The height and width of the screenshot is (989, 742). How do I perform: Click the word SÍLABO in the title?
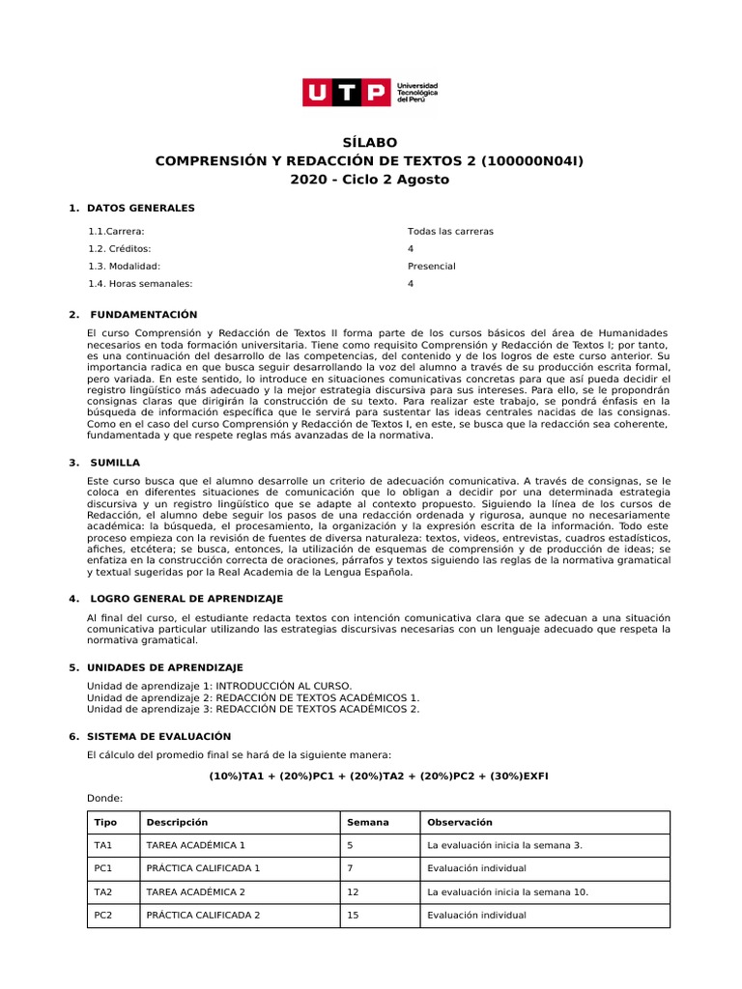coord(370,142)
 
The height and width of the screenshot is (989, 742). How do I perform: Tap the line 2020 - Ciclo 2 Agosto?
coord(370,180)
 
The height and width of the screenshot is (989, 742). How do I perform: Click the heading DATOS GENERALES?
coord(140,208)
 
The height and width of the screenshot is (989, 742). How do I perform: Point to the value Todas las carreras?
coord(450,232)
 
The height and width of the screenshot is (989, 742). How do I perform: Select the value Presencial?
coord(431,267)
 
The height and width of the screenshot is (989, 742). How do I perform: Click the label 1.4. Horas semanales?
coord(140,284)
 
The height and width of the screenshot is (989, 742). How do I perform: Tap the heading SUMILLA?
coord(115,463)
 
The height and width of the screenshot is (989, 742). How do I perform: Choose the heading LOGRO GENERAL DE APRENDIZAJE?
coord(186,599)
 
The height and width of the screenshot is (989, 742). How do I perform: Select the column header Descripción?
coord(177,823)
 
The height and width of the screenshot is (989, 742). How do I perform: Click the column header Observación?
coord(460,823)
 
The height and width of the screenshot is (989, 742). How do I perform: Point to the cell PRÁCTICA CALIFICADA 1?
coord(203,868)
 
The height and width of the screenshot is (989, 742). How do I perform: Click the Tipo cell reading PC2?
coord(103,916)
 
